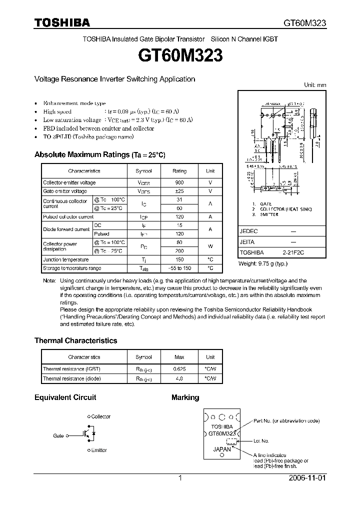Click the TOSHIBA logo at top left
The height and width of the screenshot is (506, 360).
[62, 22]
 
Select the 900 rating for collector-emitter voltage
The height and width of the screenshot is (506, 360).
[179, 183]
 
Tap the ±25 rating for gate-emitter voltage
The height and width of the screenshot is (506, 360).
[179, 191]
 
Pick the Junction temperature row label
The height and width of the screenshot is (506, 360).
[66, 260]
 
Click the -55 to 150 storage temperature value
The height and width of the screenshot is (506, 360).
[179, 268]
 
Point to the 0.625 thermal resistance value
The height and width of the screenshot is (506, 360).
[179, 369]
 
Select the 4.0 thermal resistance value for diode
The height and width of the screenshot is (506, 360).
[179, 378]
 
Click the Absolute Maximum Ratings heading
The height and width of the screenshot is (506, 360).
[99, 155]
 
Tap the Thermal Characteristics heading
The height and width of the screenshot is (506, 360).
[75, 340]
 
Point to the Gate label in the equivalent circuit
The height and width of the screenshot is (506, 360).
[58, 436]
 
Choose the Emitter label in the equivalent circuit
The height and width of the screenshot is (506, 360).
[99, 450]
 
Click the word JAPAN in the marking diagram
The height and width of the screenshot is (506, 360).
[222, 449]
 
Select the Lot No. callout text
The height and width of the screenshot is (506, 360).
[261, 441]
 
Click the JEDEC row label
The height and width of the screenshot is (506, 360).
[248, 232]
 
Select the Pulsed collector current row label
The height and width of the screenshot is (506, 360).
[68, 217]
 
